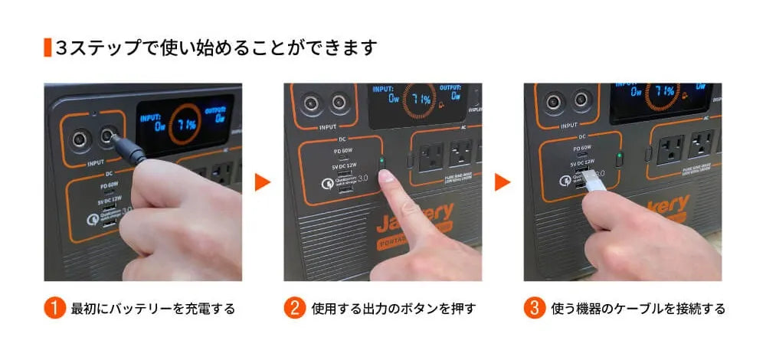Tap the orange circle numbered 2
[295, 309]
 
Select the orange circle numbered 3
[534, 309]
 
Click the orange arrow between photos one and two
[263, 182]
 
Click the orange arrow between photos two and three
[502, 182]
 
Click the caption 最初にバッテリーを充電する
[152, 309]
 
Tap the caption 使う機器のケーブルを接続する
[637, 309]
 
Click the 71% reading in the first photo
[187, 123]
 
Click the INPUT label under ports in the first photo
[95, 163]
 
